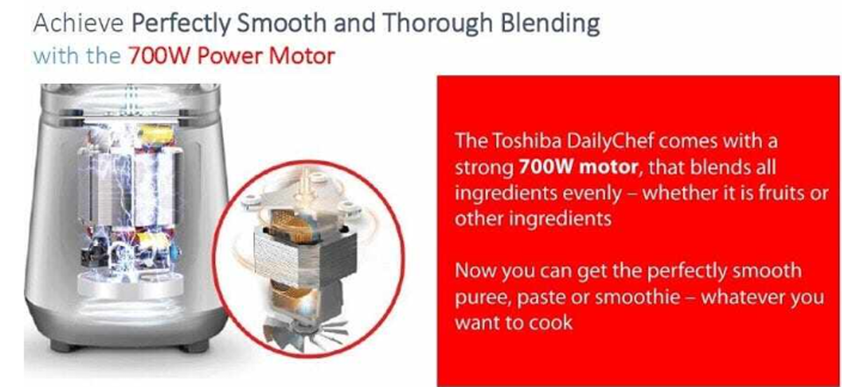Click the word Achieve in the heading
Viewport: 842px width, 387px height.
[78, 22]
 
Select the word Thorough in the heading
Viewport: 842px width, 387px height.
[438, 24]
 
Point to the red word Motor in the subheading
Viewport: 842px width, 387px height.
[302, 56]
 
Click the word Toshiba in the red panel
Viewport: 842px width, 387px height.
[527, 141]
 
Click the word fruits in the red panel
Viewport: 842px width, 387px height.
[782, 193]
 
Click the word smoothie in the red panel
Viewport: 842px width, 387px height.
[638, 297]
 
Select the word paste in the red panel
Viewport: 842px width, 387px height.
[541, 298]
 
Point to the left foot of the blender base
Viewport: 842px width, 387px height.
[65, 346]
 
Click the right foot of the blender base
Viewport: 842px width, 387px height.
[194, 346]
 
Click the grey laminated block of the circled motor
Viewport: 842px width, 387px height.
[305, 255]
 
